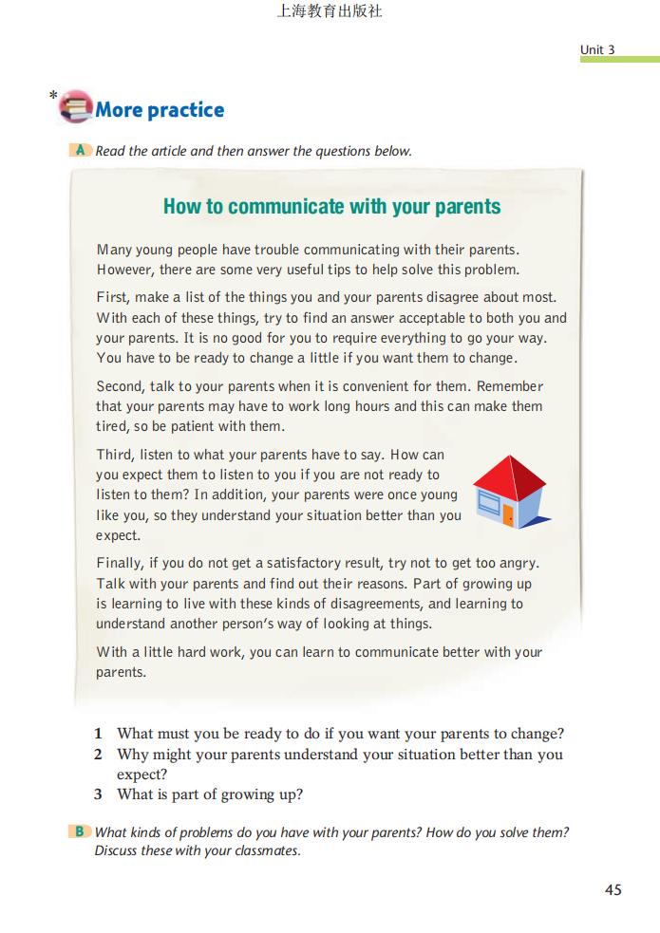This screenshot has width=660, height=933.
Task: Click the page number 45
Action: pos(613,890)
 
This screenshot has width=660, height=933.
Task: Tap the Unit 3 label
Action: pos(598,49)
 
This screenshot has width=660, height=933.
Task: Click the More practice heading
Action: pos(160,110)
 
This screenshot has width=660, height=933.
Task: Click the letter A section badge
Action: pos(81,150)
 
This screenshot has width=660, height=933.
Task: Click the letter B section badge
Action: pos(81,831)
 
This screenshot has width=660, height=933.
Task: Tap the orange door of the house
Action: pos(509,515)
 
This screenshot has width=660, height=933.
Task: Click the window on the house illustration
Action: pos(488,505)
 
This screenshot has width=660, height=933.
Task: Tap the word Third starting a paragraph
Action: pos(114,455)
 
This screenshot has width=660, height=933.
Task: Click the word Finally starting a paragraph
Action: pos(119,563)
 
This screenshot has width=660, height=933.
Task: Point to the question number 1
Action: pos(98,734)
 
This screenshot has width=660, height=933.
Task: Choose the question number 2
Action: pos(98,755)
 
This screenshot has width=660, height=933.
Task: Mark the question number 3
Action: pos(98,794)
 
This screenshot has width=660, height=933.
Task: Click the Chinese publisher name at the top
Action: pos(330,12)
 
